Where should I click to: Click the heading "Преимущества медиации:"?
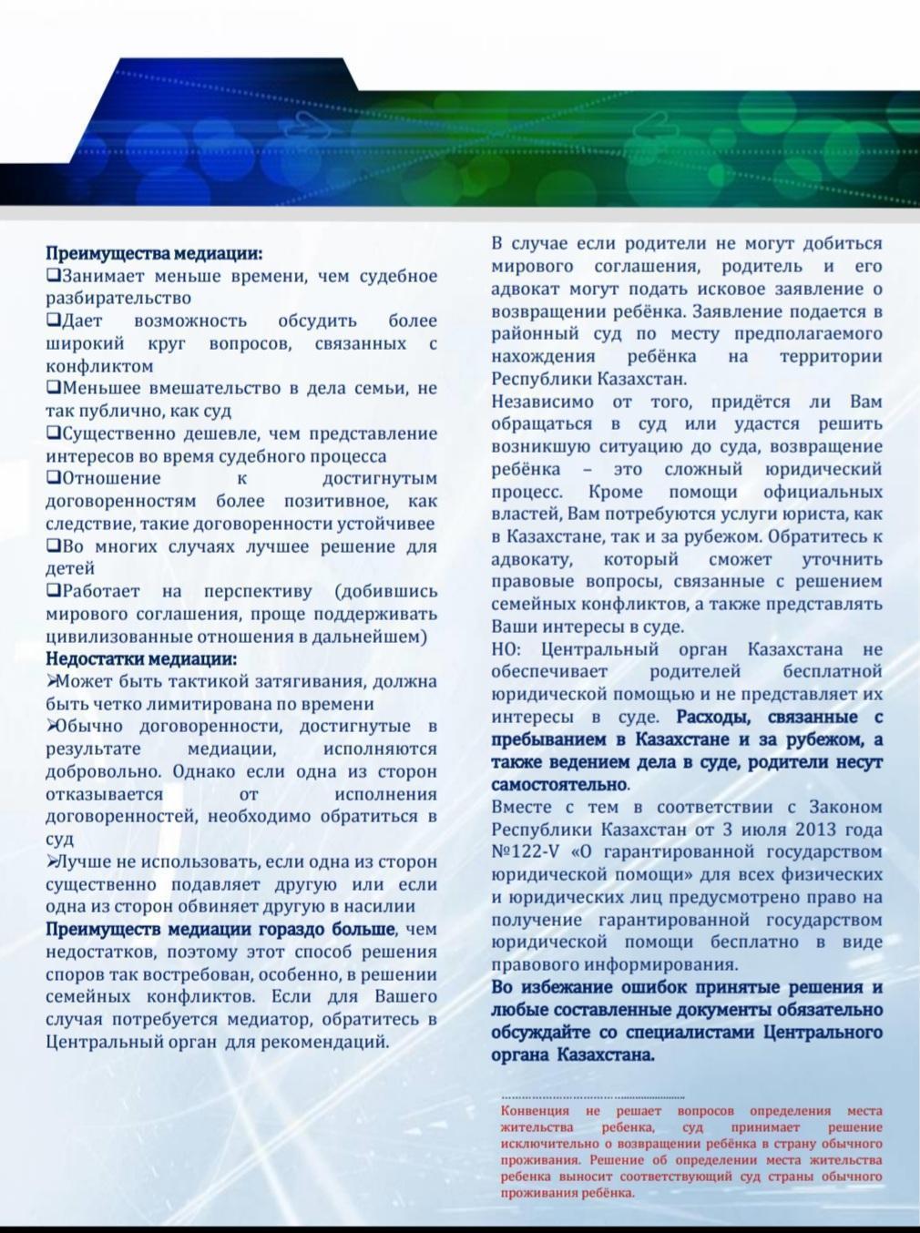(154, 254)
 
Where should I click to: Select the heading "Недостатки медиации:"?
(141, 658)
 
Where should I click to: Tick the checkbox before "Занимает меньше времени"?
(53, 275)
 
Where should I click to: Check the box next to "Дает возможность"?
(53, 321)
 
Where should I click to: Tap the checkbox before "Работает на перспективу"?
(53, 591)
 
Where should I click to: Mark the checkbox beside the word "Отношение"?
(53, 478)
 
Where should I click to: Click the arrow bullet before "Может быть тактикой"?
(52, 681)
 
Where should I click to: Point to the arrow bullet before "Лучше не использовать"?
(52, 861)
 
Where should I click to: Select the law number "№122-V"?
(528, 852)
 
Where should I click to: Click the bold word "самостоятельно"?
(558, 784)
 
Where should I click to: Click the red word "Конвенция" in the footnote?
(535, 1111)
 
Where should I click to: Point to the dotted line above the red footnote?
(592, 1097)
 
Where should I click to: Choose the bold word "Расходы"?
(714, 717)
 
